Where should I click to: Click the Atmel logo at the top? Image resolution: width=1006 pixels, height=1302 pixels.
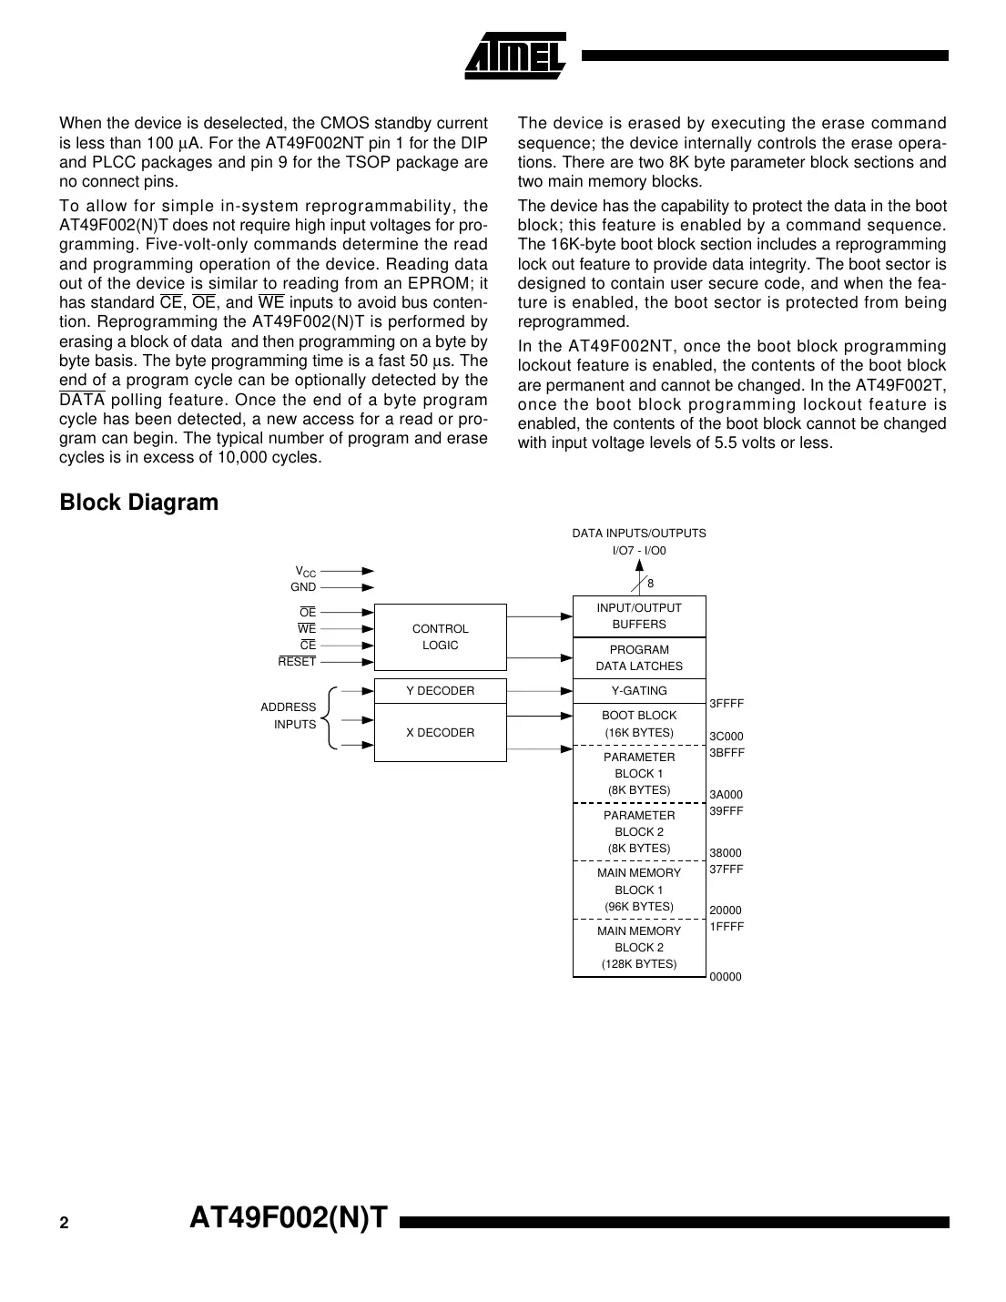515,56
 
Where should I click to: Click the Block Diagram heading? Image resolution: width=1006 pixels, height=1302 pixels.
138,503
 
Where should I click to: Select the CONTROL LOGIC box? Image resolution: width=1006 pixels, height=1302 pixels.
440,637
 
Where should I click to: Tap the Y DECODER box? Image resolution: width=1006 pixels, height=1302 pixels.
440,691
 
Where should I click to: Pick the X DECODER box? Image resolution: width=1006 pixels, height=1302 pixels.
440,733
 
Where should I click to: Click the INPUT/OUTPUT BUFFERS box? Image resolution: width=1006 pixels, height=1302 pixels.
639,616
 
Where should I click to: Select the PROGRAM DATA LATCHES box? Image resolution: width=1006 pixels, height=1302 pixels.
639,658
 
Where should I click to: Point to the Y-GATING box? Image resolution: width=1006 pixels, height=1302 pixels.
639,691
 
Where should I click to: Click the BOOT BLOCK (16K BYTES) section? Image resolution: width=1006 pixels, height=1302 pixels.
639,724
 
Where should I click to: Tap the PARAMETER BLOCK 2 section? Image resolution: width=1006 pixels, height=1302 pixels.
639,831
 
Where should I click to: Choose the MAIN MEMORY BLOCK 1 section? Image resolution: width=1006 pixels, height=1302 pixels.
639,890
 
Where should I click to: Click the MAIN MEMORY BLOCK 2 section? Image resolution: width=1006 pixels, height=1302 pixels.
639,948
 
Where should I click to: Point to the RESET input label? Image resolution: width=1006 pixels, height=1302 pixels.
297,662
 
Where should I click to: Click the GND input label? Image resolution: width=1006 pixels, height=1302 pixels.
303,587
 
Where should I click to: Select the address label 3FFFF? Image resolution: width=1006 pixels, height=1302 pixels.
727,704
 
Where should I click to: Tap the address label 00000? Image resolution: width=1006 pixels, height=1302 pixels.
726,977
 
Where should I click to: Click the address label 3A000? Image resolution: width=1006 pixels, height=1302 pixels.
727,795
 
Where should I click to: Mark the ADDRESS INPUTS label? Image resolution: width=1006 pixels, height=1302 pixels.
289,716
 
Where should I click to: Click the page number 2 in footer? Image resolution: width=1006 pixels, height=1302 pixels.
64,1224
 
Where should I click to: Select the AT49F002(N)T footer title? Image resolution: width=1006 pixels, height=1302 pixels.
289,1218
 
